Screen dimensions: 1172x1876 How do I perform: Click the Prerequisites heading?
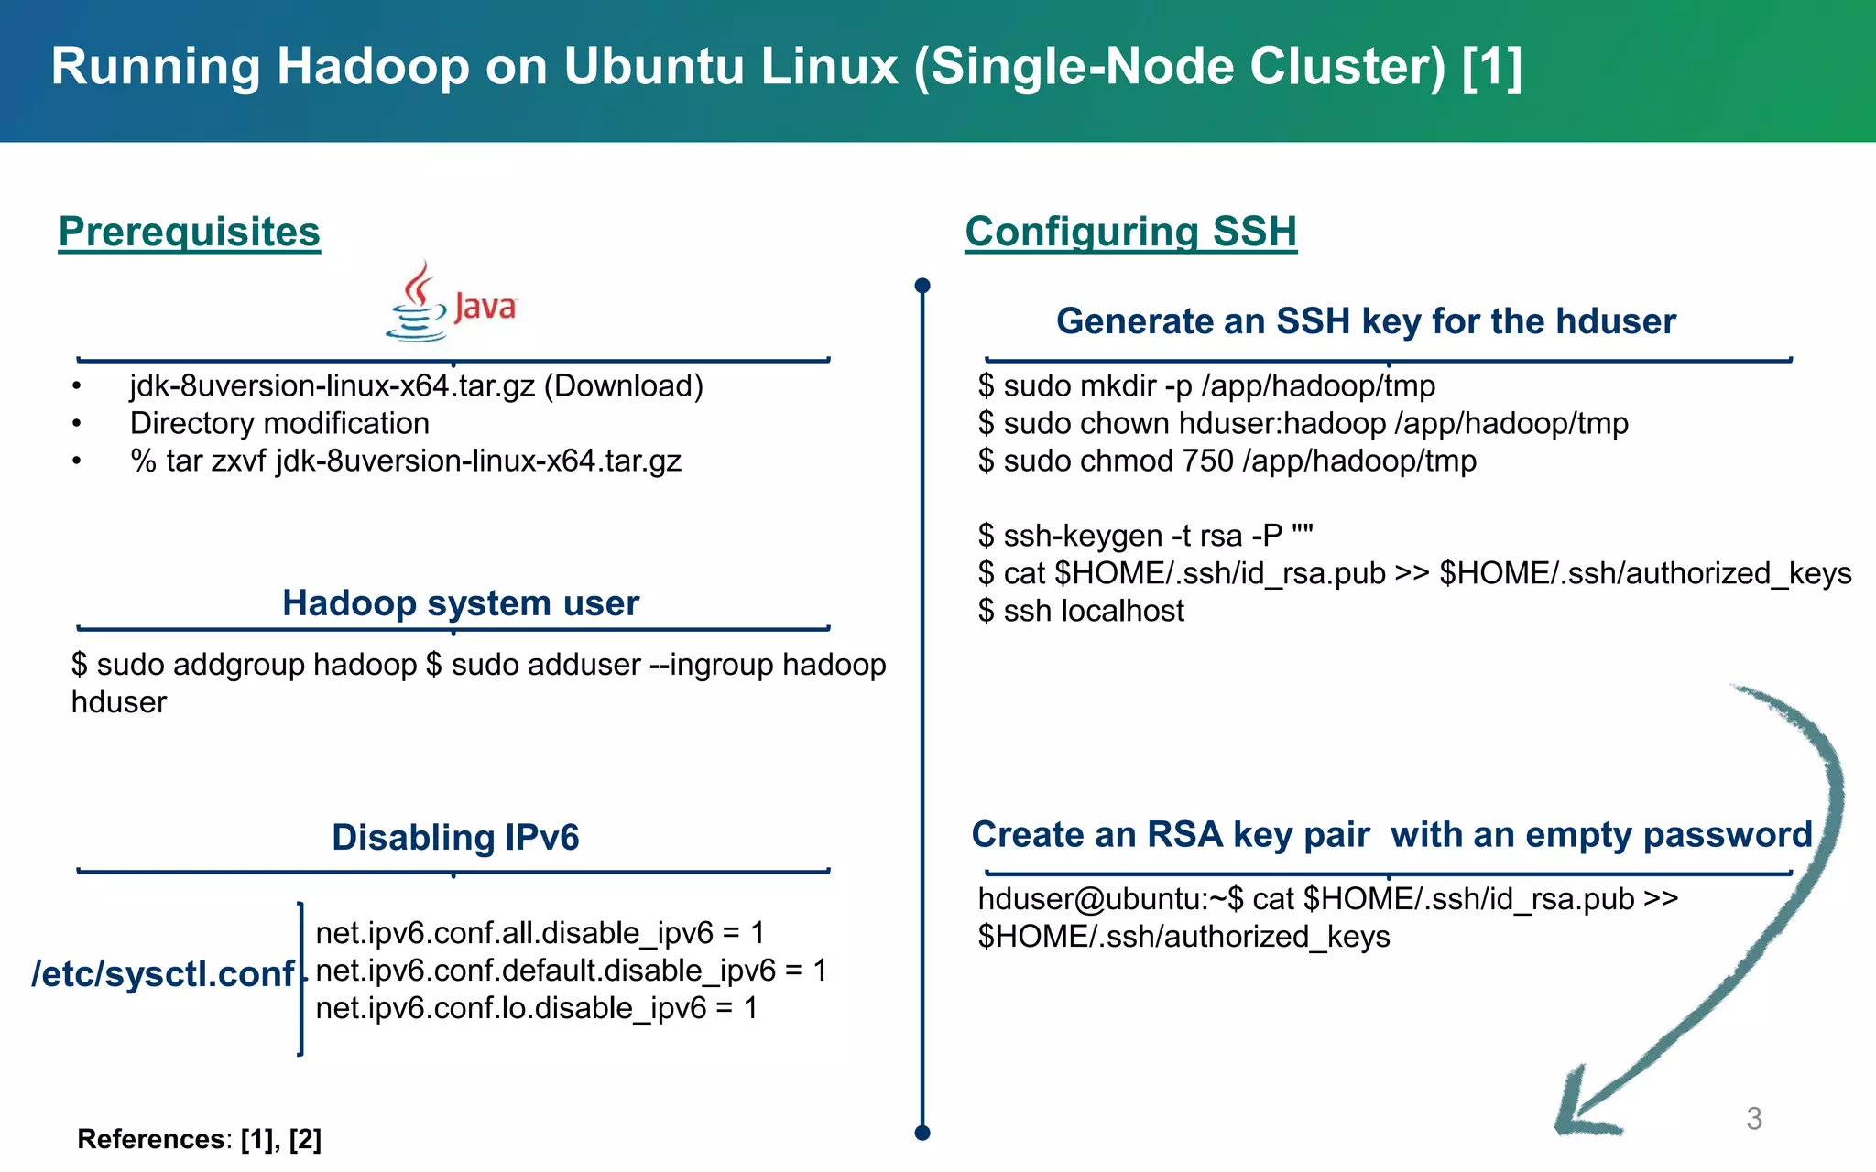pos(190,232)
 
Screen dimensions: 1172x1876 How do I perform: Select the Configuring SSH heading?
pos(1130,232)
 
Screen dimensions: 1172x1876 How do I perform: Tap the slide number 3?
pos(1753,1119)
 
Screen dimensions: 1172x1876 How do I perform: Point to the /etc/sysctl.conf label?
pos(162,974)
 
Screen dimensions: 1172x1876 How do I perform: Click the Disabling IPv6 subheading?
pos(455,838)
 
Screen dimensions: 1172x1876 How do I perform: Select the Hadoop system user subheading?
pos(460,603)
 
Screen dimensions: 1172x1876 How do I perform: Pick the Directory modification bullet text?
pos(279,424)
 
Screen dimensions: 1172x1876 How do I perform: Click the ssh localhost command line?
pos(1081,611)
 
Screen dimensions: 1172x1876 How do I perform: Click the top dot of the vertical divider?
pos(922,286)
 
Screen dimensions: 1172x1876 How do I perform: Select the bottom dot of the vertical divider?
pos(922,1133)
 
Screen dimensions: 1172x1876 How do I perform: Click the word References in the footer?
pos(150,1139)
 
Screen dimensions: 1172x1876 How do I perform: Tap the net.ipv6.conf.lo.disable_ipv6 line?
pos(536,1008)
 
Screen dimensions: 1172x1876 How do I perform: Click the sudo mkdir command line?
pos(1206,386)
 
